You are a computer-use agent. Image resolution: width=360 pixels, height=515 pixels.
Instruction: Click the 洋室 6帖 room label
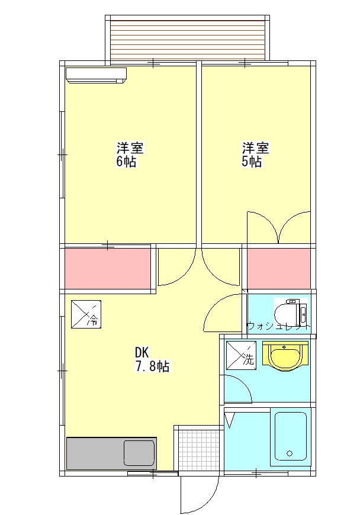click(130, 154)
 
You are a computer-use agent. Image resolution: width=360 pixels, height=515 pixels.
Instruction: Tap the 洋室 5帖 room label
click(256, 154)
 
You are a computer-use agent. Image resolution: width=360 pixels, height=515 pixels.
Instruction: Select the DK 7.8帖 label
click(152, 359)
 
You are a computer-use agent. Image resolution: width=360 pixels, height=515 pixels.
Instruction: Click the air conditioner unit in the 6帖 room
click(96, 76)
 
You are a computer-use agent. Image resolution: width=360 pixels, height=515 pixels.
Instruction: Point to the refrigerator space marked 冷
click(86, 314)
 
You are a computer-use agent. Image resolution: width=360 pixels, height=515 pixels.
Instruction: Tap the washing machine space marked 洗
click(241, 355)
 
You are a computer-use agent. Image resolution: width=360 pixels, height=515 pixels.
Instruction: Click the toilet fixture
click(291, 314)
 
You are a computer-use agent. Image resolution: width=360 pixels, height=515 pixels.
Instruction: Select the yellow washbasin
click(285, 356)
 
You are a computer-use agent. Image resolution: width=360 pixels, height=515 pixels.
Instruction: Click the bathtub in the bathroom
click(290, 436)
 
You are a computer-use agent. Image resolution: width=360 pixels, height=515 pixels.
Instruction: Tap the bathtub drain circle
click(290, 453)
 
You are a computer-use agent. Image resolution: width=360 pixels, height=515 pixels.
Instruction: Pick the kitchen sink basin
click(139, 453)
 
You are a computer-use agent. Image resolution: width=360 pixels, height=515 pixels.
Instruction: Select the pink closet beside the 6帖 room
click(108, 269)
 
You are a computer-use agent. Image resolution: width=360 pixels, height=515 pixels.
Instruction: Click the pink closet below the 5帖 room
click(278, 269)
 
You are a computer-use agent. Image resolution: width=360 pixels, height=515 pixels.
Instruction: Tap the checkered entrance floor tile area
click(199, 450)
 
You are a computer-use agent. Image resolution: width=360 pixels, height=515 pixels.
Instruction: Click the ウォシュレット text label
click(278, 327)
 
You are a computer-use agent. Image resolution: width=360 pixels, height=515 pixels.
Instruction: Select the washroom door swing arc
click(243, 384)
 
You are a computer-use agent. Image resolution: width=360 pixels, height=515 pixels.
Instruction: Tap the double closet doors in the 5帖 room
click(278, 227)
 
